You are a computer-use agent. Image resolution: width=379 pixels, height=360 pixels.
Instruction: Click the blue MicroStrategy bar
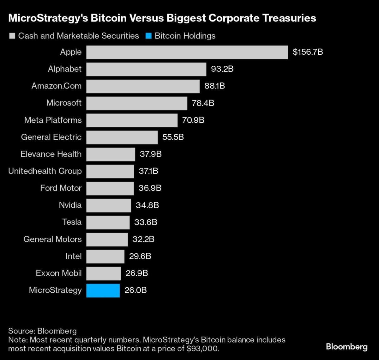(103, 290)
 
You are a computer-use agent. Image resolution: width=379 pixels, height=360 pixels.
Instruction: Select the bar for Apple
(187, 52)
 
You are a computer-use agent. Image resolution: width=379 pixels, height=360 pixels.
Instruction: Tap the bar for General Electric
(122, 137)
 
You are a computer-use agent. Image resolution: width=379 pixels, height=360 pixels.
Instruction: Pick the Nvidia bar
(109, 205)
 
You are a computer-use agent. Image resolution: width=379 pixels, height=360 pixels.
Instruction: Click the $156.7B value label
(308, 52)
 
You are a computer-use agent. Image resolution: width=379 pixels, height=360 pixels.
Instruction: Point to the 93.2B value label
(222, 69)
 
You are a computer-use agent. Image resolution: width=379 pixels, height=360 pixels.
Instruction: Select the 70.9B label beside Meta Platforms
(193, 120)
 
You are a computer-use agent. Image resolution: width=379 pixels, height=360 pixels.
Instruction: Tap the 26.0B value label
(135, 290)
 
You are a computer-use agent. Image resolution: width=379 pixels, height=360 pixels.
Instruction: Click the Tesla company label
(72, 222)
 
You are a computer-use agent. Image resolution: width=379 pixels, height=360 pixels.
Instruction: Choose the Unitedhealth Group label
(45, 171)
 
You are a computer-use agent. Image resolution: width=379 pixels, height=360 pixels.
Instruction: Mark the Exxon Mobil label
(59, 273)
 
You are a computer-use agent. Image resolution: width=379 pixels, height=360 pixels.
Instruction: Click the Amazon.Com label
(57, 86)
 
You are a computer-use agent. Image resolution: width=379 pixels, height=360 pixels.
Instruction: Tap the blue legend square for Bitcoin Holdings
(148, 36)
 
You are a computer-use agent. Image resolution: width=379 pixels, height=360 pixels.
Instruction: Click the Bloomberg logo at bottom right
(346, 346)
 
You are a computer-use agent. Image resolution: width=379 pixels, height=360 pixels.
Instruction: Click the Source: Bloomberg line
(42, 331)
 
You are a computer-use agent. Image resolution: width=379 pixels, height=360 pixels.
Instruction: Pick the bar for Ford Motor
(110, 188)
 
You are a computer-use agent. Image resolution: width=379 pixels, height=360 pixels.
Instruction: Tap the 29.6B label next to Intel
(140, 256)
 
